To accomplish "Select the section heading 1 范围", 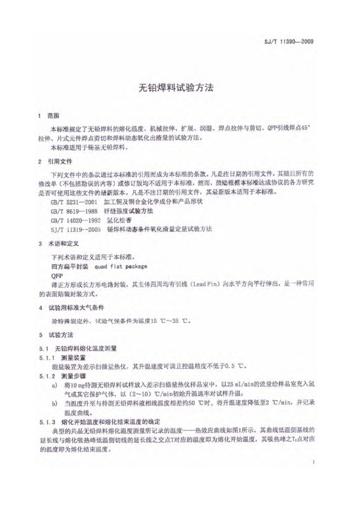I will (51, 117).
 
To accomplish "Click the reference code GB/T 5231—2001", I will (75, 200).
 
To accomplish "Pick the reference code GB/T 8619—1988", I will (75, 211).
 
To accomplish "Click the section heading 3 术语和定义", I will (61, 244).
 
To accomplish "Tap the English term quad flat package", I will (121, 266).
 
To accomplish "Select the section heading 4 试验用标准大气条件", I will (73, 308).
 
